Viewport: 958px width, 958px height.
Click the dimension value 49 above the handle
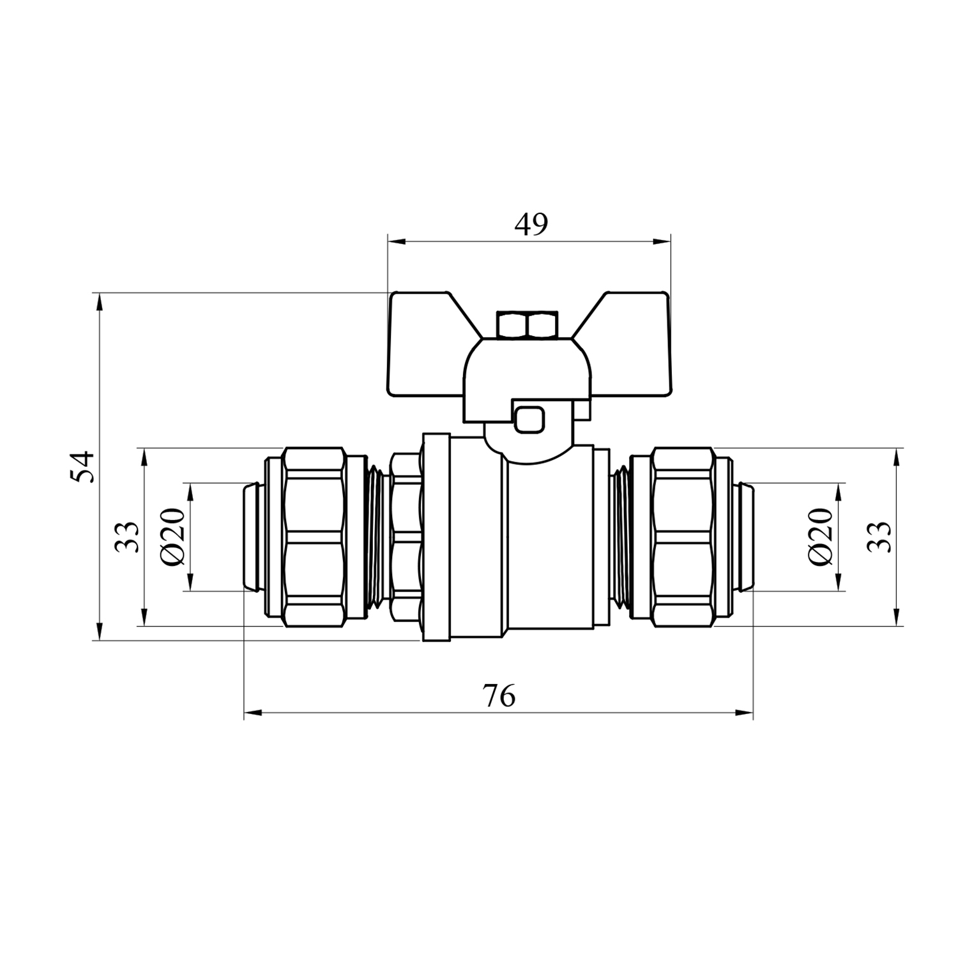(531, 224)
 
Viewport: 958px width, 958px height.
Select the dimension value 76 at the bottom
(499, 696)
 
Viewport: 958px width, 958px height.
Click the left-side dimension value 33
(126, 537)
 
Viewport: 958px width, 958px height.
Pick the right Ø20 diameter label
(821, 536)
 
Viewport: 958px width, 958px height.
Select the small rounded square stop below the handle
(529, 420)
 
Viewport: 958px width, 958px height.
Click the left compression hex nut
(314, 537)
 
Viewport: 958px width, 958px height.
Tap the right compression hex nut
(681, 537)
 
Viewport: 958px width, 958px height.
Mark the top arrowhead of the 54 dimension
(99, 303)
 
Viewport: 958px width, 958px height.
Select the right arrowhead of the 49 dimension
(662, 241)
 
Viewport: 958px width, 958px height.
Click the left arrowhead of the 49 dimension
(397, 241)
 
